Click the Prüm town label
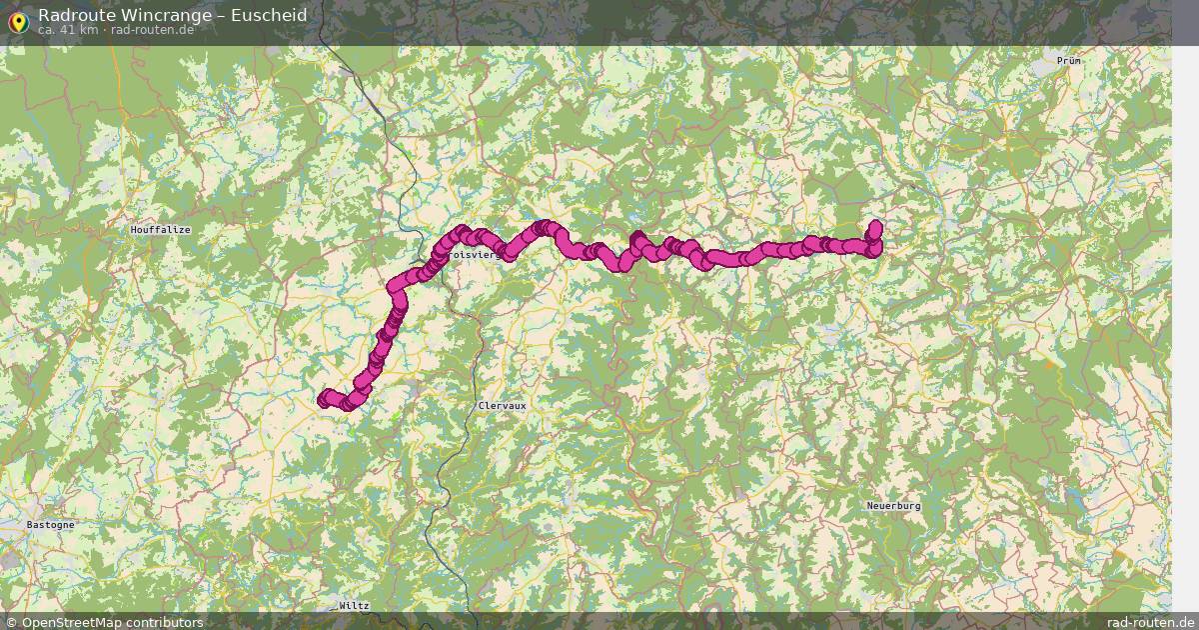point(1069,61)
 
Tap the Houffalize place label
point(160,230)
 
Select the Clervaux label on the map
point(502,406)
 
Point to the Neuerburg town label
point(893,506)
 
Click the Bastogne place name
point(50,524)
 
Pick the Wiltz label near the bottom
point(354,606)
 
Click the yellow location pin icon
point(18,21)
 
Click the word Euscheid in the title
point(268,15)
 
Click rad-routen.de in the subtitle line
point(152,30)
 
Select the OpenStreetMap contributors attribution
point(104,622)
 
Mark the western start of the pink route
point(324,399)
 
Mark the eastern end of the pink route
point(876,226)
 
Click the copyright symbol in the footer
point(11,622)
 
